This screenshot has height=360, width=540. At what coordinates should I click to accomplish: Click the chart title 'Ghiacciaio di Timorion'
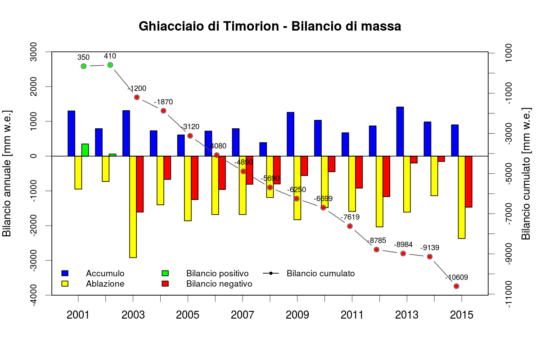coord(270,27)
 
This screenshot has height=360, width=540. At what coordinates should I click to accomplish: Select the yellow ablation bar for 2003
coord(133,207)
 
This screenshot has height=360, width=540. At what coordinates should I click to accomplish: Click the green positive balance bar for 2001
coord(85,150)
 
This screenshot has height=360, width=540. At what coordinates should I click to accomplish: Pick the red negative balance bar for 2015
coord(468,181)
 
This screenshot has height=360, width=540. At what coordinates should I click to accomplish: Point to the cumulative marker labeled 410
coord(110,65)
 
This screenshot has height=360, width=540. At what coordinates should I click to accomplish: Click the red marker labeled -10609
coord(456,286)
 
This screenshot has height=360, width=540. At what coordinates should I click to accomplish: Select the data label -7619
coord(350,217)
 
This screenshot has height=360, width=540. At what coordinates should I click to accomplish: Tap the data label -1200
coord(137,88)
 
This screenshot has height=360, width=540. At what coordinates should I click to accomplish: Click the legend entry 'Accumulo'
coord(105,273)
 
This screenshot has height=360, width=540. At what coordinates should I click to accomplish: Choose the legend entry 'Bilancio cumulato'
coord(320,273)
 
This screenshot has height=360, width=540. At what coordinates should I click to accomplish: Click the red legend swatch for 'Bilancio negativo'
coord(165,284)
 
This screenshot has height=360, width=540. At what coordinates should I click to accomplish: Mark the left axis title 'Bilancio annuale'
coord(7,173)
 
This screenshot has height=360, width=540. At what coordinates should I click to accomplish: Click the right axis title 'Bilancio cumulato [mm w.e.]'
coord(526,173)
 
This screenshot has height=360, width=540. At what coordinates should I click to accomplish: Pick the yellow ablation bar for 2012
coord(379,191)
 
